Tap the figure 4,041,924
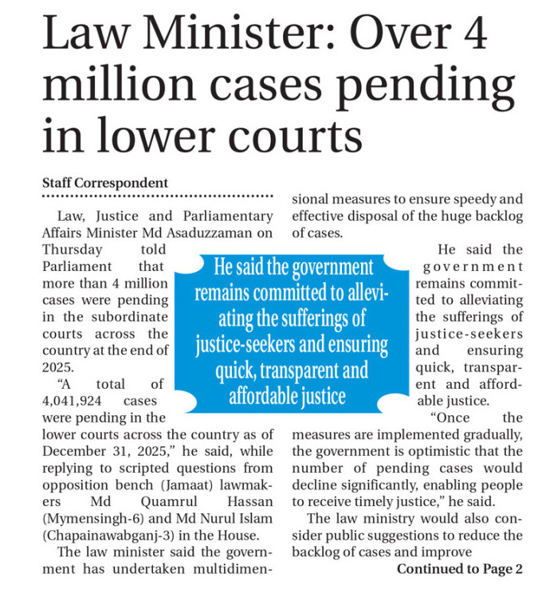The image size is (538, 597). click(x=74, y=400)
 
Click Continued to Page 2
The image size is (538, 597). click(x=460, y=568)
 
